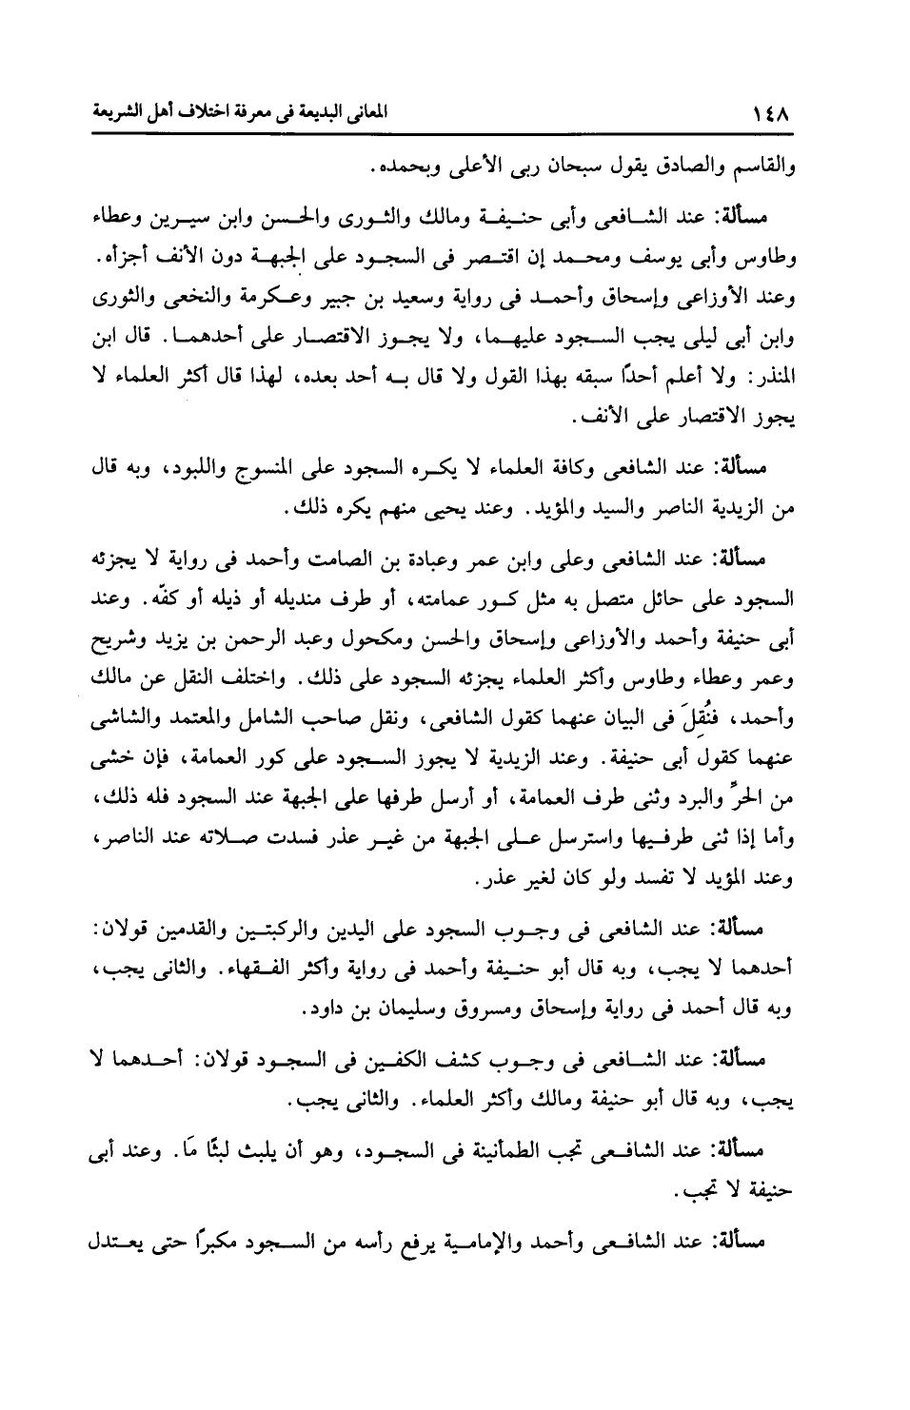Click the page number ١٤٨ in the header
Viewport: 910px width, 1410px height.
pos(773,114)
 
